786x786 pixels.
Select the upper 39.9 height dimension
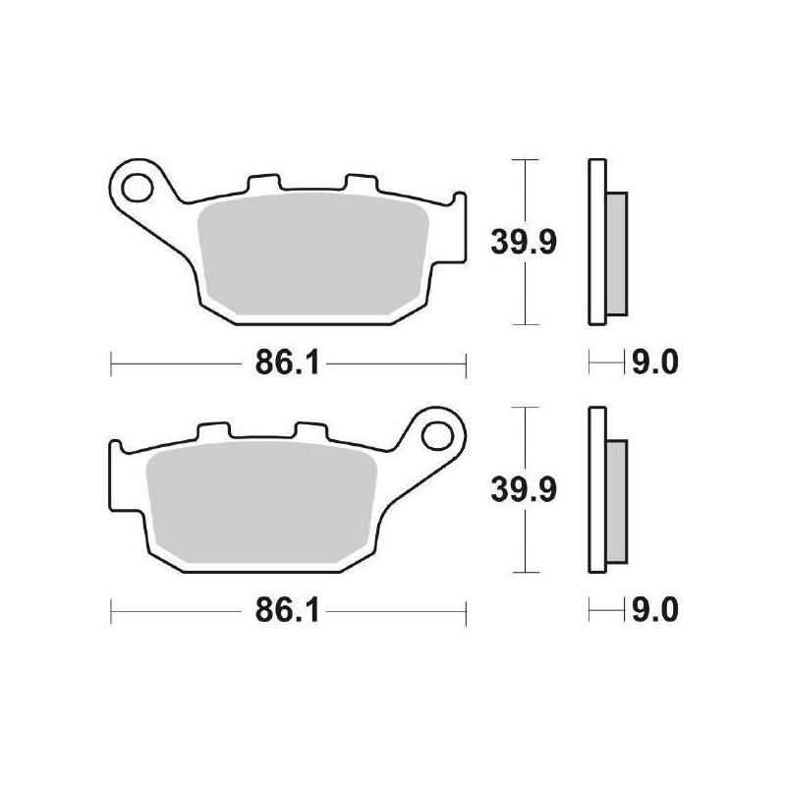524,241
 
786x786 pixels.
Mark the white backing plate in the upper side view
595,241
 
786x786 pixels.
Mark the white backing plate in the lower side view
595,488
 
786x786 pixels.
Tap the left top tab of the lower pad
214,432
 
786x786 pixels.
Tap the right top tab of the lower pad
310,432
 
